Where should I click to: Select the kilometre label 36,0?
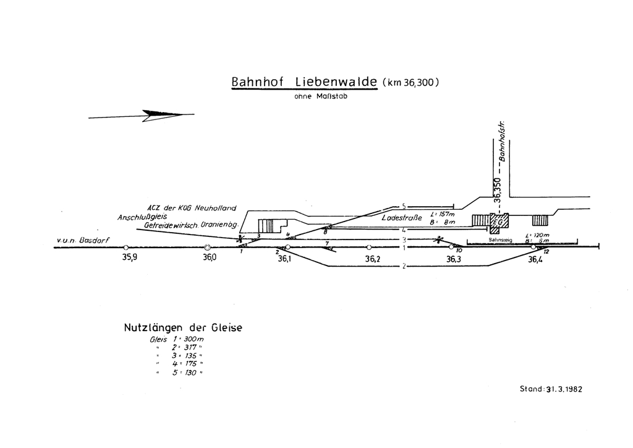click(x=210, y=259)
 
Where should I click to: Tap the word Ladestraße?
click(x=402, y=218)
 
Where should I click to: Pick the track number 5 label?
click(x=403, y=206)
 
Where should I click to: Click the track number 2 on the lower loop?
click(x=402, y=267)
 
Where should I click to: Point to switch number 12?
click(x=545, y=252)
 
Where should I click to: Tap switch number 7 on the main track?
click(x=326, y=244)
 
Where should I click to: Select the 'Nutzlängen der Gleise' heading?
click(x=183, y=327)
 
